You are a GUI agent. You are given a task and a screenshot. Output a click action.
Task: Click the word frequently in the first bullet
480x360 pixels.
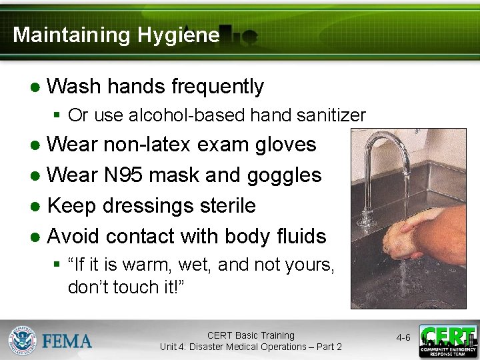[217, 86]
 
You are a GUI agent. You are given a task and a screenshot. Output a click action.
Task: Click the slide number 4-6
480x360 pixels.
[403, 338]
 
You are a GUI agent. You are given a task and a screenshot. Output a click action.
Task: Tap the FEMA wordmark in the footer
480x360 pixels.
[67, 341]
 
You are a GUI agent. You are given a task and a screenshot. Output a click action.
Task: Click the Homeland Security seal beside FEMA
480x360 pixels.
[22, 340]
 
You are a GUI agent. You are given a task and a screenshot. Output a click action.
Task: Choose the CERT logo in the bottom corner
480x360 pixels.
[448, 340]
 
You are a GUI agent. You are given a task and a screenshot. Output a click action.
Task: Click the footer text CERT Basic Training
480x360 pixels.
[250, 335]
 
